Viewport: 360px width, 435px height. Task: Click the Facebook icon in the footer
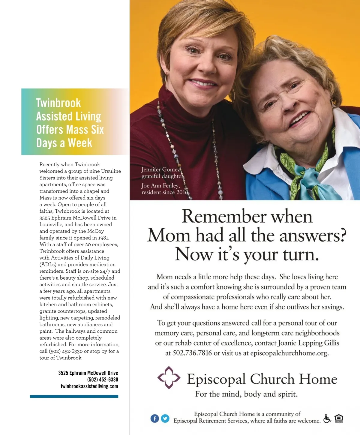click(154, 418)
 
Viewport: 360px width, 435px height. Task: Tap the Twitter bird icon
click(165, 418)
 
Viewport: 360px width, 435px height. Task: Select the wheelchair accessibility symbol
click(327, 418)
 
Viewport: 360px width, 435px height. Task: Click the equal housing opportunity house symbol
click(339, 418)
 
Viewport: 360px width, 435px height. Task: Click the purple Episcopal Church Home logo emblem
click(169, 378)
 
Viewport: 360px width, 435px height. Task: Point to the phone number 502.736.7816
click(192, 353)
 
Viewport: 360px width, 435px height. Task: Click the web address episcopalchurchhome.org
click(289, 353)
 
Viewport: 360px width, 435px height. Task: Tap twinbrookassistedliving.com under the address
click(89, 386)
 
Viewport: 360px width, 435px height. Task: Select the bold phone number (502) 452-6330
click(103, 379)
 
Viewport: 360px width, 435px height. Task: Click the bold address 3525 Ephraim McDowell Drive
click(88, 373)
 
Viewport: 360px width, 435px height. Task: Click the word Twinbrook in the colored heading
click(58, 103)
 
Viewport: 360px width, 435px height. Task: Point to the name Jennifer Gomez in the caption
click(161, 169)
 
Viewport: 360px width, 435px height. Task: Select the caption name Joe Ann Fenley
click(160, 186)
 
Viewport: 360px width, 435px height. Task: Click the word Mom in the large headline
click(169, 235)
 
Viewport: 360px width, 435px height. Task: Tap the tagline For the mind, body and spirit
click(246, 394)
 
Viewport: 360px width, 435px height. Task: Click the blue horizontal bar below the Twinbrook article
click(74, 397)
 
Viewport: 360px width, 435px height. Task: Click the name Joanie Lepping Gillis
click(309, 343)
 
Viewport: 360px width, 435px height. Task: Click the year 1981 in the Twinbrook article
click(103, 238)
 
